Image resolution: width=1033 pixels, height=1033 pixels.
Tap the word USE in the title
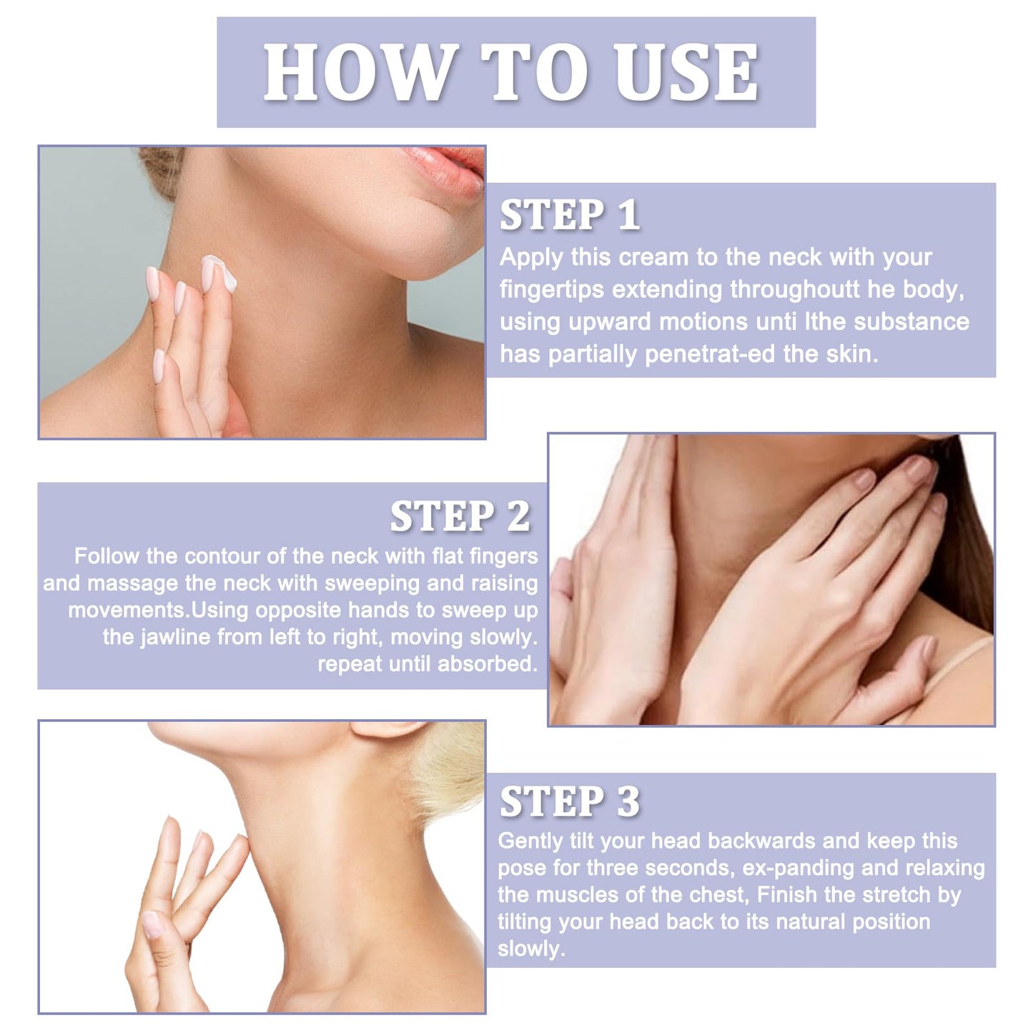point(686,72)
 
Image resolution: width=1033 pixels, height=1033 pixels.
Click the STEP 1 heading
point(569,215)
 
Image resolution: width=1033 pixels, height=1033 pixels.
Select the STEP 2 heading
point(460,516)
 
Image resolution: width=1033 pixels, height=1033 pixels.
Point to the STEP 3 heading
point(569,801)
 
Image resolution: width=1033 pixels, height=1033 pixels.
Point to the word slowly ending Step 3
point(530,949)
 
